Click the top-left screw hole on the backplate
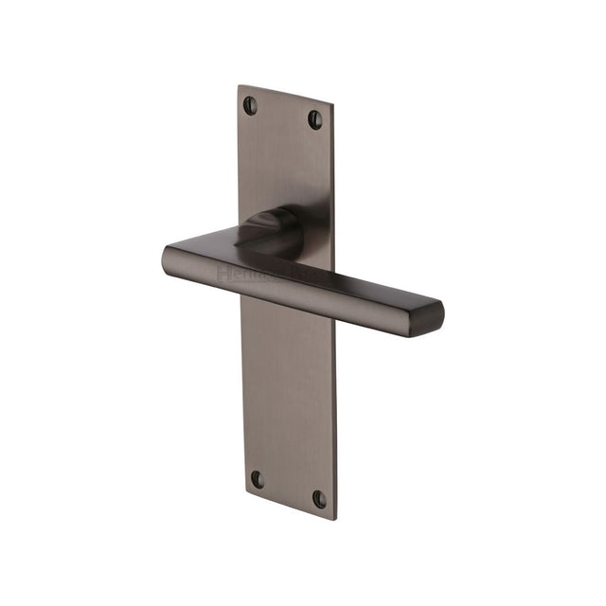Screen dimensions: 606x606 tap(250, 105)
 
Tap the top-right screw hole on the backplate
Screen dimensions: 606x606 tap(315, 118)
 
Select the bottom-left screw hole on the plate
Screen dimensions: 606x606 tap(257, 479)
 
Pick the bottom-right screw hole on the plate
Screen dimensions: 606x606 tap(320, 498)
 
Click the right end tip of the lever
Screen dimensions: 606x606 tap(437, 312)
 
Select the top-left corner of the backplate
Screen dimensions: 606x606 tap(238, 86)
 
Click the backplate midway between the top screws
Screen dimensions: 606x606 tap(282, 112)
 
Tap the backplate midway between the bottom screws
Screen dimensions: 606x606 tap(288, 489)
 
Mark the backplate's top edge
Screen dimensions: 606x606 tap(286, 96)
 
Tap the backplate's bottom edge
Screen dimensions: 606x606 tap(290, 506)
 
